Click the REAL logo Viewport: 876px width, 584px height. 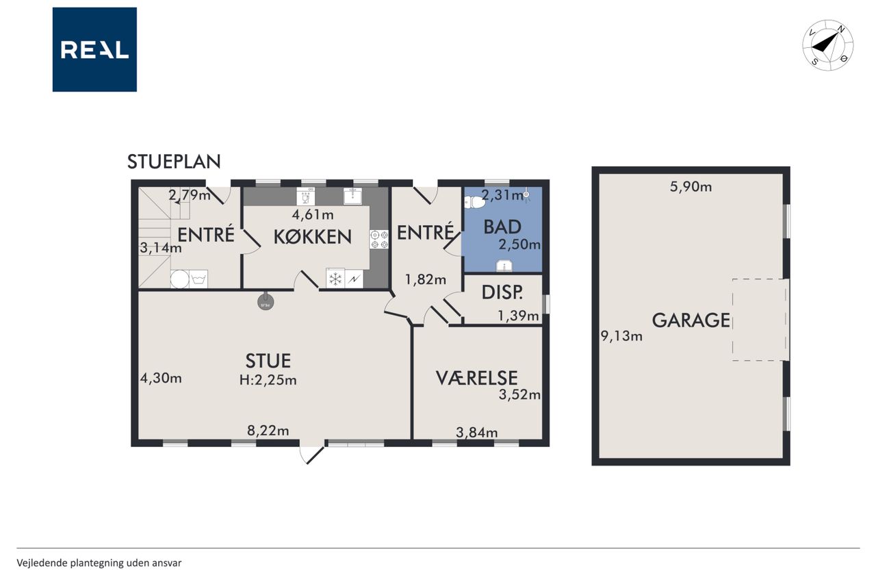click(94, 50)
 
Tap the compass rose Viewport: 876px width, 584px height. click(827, 45)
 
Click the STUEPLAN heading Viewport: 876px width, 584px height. click(174, 162)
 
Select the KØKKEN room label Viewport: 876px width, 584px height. click(313, 237)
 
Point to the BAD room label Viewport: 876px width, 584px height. click(502, 227)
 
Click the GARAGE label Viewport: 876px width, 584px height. click(691, 320)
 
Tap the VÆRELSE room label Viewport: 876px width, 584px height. click(477, 378)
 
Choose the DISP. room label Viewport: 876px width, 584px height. click(502, 292)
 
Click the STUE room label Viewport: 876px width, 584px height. click(268, 361)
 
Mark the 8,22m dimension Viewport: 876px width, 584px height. click(268, 431)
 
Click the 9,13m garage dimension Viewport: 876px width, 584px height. click(621, 335)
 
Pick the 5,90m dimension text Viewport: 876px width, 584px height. click(691, 187)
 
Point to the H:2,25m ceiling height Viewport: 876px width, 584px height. click(268, 380)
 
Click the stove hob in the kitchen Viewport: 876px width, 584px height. click(379, 240)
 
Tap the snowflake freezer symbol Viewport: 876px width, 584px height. click(335, 279)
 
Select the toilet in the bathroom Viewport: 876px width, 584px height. click(474, 202)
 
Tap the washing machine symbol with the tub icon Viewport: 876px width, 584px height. click(198, 279)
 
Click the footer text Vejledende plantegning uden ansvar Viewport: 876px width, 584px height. click(99, 563)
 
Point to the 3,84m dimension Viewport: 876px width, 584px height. click(477, 433)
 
